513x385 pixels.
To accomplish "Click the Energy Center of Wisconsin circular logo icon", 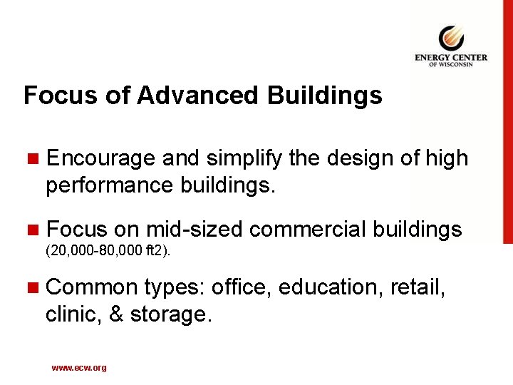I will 451,38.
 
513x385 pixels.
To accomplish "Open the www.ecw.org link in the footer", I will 78,368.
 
